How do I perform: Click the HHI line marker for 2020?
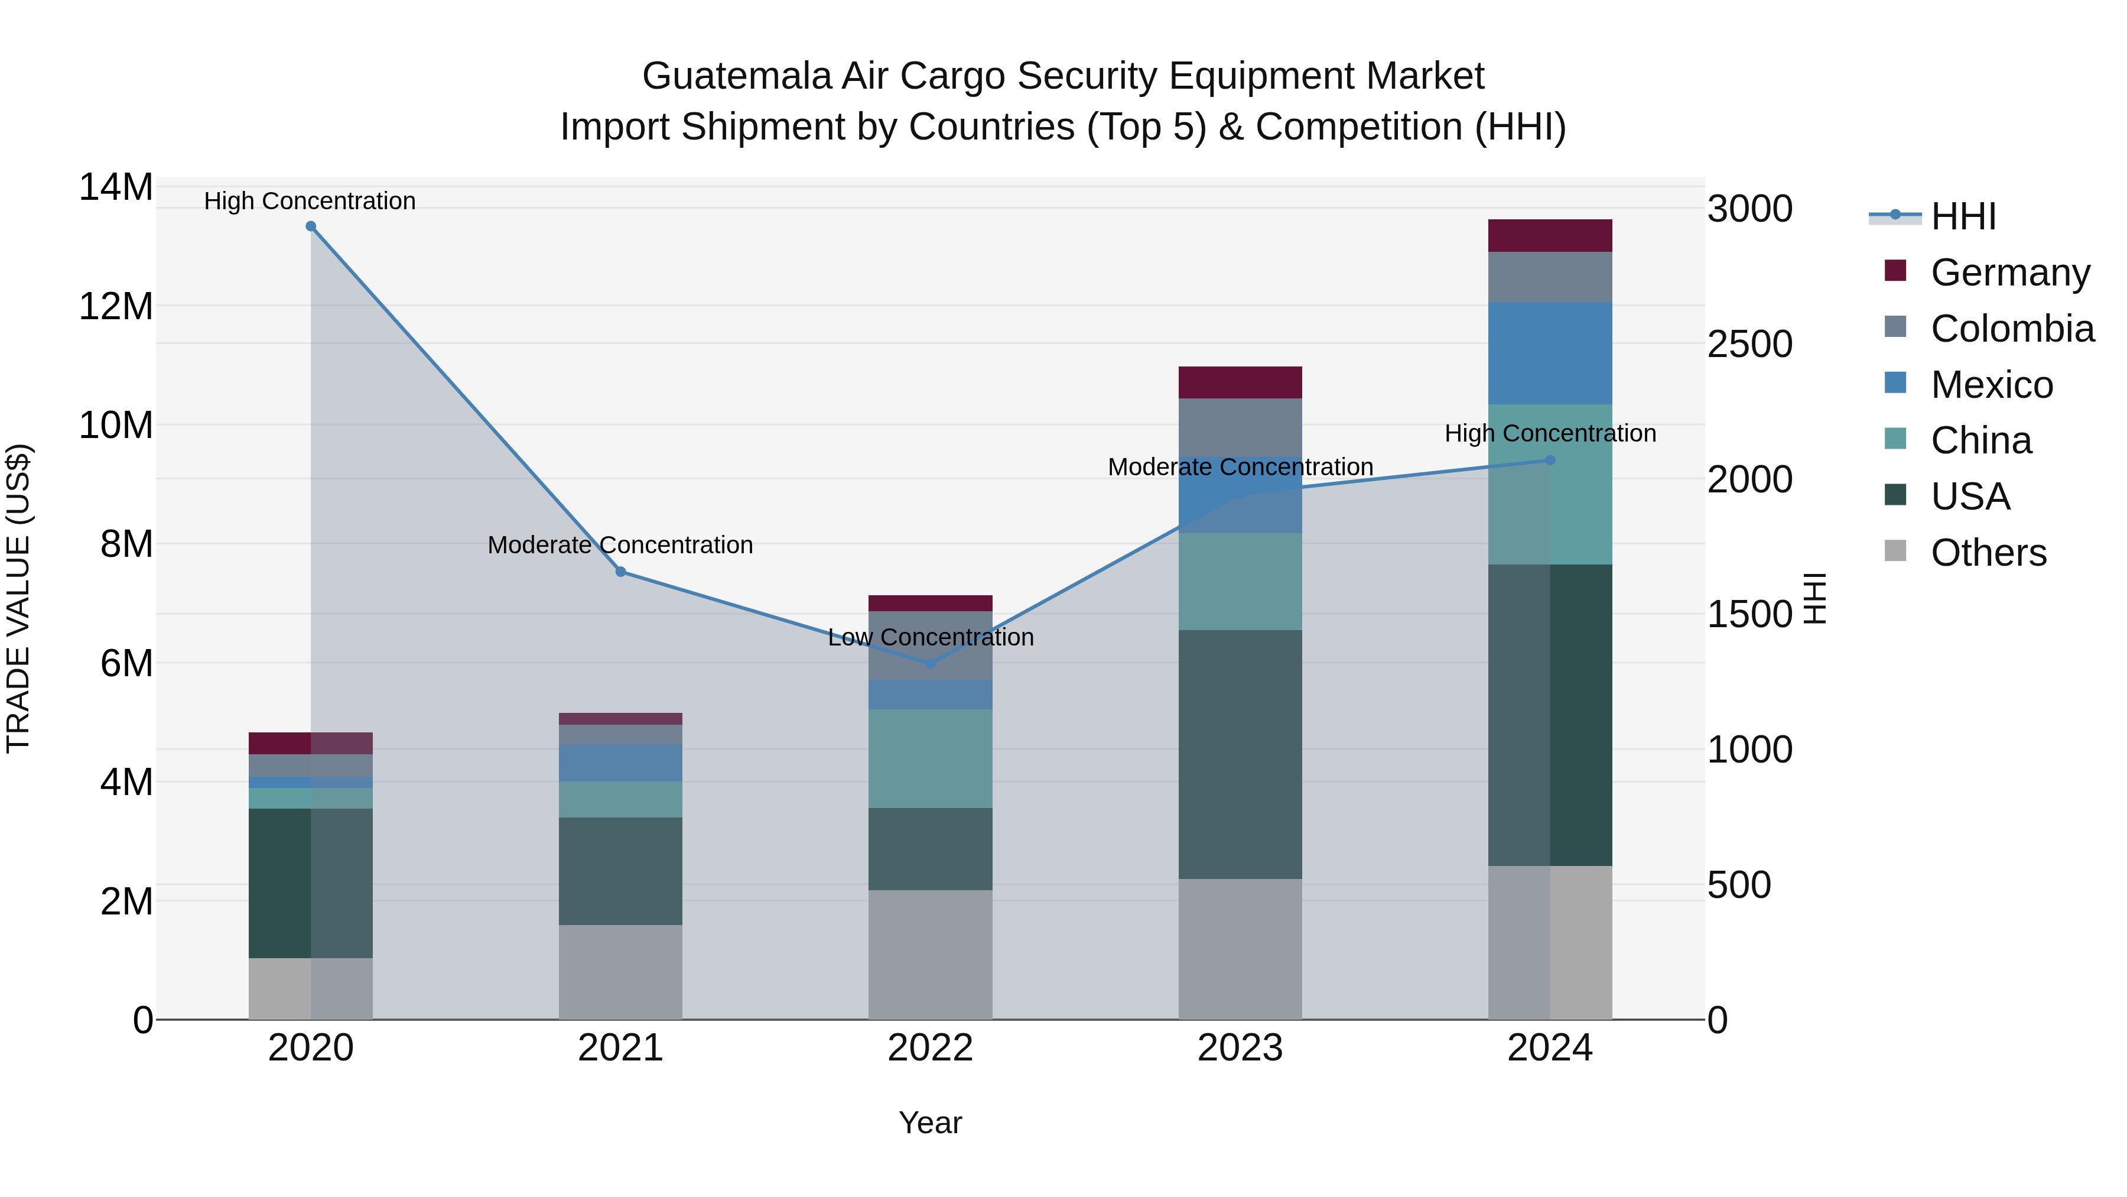coord(310,226)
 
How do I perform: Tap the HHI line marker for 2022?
coord(931,663)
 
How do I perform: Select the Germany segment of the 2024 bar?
coord(1550,235)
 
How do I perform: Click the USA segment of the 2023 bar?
coord(1240,754)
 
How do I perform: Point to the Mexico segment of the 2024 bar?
coord(1550,353)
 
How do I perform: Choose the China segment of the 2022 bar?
coord(931,758)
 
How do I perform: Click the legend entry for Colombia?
coord(2011,329)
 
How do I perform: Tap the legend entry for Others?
coord(1988,553)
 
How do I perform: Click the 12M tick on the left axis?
coord(116,306)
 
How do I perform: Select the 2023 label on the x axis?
coord(1240,1048)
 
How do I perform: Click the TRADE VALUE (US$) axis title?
coord(18,598)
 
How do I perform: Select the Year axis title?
coord(930,1123)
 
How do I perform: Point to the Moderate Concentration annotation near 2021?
coord(620,545)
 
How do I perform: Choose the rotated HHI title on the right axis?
coord(1815,598)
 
